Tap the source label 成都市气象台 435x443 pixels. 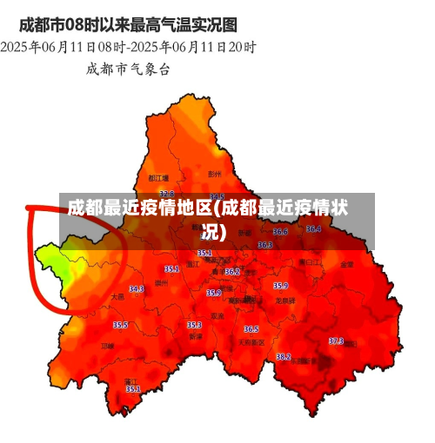tap(128, 68)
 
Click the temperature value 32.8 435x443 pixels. tap(166, 194)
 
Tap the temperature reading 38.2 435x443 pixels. tap(284, 356)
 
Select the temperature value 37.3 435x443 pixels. tap(336, 341)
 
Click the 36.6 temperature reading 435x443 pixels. tap(280, 232)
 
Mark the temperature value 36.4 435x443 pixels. tap(313, 229)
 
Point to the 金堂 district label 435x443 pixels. tap(346, 263)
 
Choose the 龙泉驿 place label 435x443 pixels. tap(285, 301)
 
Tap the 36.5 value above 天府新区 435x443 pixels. tap(251, 329)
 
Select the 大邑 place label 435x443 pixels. tap(118, 296)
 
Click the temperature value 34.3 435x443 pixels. tap(137, 288)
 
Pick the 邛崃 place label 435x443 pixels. tap(107, 346)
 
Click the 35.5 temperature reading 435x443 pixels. tap(120, 325)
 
